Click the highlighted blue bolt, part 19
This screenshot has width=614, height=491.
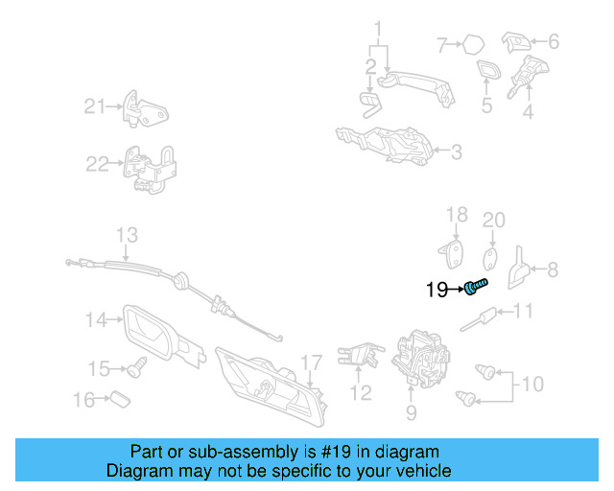tap(476, 287)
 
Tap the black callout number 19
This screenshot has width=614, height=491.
tap(437, 290)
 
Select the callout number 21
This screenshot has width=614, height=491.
tap(95, 106)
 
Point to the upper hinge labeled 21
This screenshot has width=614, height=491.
tap(145, 109)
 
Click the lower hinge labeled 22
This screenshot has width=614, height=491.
tap(150, 169)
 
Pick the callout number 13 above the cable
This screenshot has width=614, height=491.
tap(127, 235)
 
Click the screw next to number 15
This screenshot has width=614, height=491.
tap(137, 367)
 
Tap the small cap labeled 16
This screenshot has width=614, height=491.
tap(120, 399)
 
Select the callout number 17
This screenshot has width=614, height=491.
tap(311, 362)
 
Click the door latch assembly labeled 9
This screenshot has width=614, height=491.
tap(421, 359)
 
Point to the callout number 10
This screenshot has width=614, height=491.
tap(532, 385)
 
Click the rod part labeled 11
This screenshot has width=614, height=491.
tap(478, 319)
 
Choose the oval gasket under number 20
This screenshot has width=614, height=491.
tap(490, 259)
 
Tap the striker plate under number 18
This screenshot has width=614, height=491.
tap(451, 254)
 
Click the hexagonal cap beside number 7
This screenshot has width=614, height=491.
tap(473, 45)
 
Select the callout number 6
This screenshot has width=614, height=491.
tap(554, 41)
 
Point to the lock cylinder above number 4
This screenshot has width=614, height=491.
tap(528, 76)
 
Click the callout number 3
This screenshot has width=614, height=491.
tap(457, 152)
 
